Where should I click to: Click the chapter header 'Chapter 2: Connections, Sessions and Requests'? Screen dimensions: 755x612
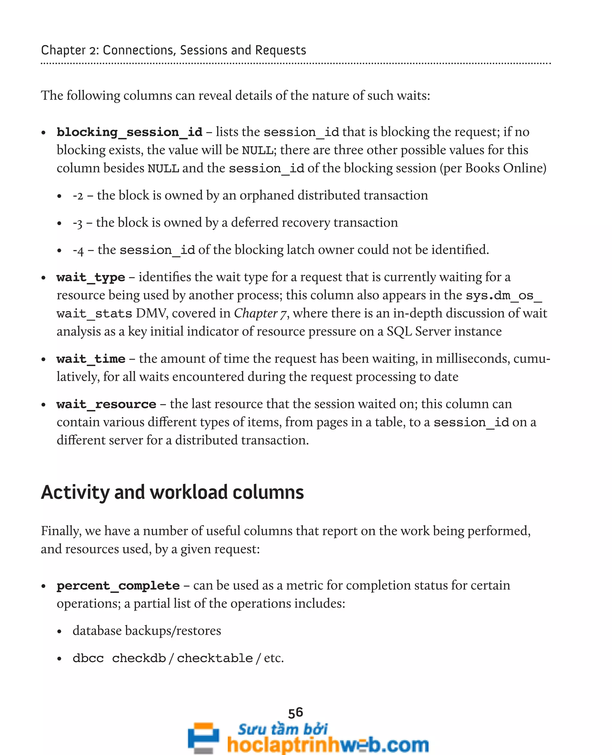click(173, 51)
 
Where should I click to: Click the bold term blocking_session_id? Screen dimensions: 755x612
click(129, 132)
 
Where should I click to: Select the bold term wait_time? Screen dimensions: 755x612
click(91, 359)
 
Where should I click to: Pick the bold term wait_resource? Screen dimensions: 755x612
click(106, 404)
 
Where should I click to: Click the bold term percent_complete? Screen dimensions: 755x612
click(118, 586)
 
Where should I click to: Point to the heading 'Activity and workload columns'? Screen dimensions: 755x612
click(172, 492)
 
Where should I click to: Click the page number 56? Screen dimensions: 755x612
click(296, 713)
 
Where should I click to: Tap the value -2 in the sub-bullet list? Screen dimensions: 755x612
click(78, 196)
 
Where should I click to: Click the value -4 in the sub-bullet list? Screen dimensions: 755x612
click(78, 251)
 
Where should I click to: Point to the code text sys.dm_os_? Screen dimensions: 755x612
click(504, 296)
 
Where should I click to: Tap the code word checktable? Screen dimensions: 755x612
click(215, 658)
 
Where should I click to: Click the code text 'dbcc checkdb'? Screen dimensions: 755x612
click(119, 658)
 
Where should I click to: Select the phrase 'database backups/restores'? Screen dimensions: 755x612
click(147, 631)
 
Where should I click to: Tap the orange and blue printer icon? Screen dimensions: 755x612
click(204, 737)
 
